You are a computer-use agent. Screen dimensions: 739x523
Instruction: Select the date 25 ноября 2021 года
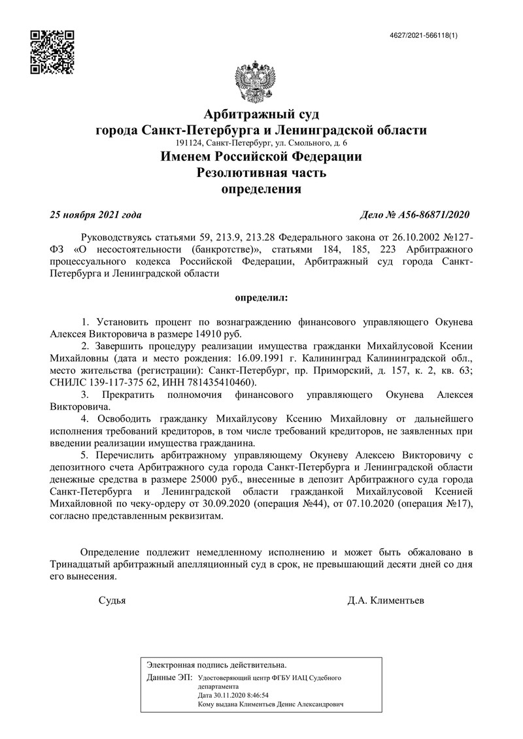[x=95, y=215]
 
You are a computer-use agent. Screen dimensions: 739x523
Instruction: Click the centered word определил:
[x=261, y=297]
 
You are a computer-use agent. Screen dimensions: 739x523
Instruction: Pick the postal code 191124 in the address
[x=189, y=143]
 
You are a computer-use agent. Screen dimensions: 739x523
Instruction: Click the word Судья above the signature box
[x=112, y=600]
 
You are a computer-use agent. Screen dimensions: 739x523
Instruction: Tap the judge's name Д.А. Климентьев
[x=386, y=600]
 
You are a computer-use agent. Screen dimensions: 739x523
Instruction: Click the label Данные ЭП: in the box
[x=169, y=678]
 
